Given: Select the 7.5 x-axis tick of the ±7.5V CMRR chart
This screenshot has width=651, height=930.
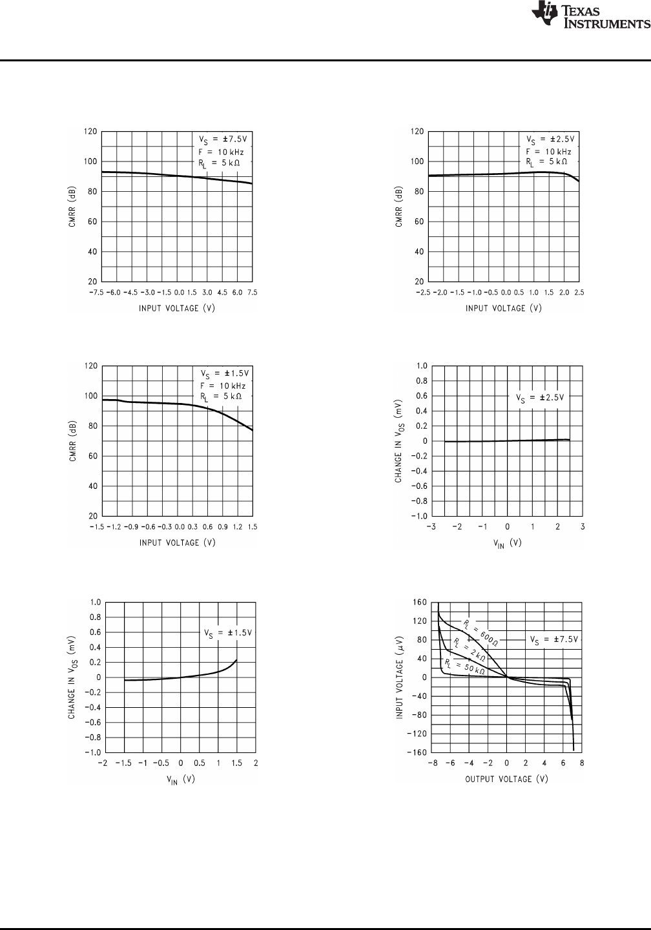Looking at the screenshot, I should click(x=252, y=292).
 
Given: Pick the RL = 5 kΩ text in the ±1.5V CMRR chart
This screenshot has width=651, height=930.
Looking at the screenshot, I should click(x=221, y=397).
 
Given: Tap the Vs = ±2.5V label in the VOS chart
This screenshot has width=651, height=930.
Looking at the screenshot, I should click(x=540, y=397).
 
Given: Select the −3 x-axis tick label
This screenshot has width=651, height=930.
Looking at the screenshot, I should click(x=431, y=527).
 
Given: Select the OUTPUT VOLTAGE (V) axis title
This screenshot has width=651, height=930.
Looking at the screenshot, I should click(x=507, y=778).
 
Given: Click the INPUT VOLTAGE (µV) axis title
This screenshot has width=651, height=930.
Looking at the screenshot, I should click(x=400, y=677).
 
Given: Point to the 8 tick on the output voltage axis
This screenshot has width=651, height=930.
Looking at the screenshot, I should click(x=582, y=763).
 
